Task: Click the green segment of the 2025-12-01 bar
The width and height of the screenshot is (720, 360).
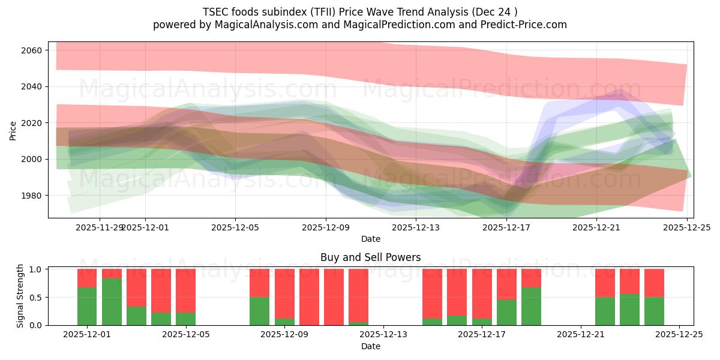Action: click(x=87, y=306)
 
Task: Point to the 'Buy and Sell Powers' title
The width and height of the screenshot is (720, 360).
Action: click(x=370, y=257)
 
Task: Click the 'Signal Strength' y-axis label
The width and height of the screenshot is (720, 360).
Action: click(x=20, y=296)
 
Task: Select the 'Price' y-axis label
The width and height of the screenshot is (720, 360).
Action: click(x=13, y=130)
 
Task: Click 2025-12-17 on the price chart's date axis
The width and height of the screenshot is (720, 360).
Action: click(x=506, y=228)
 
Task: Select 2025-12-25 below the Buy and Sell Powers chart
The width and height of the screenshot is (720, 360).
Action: click(x=679, y=335)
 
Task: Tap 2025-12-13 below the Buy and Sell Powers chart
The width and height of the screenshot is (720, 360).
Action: click(x=383, y=335)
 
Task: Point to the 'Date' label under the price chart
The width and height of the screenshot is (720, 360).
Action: click(x=370, y=239)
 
